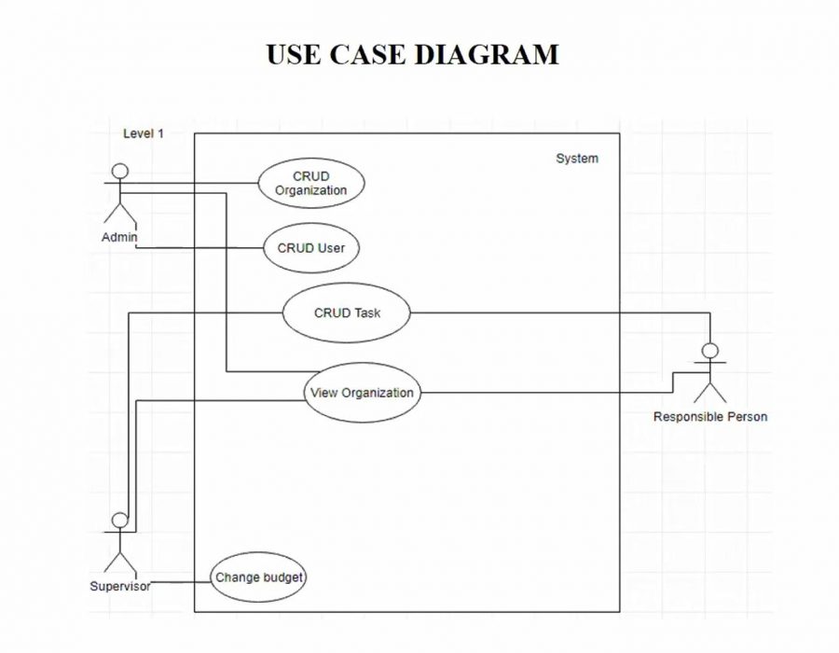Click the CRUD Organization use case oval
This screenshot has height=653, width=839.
click(x=310, y=183)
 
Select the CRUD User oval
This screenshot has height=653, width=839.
click(x=310, y=248)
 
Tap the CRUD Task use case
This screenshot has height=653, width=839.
click(x=346, y=313)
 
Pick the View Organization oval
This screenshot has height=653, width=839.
click(x=362, y=393)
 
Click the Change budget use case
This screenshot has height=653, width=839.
click(x=258, y=578)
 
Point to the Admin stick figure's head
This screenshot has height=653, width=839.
click(x=119, y=171)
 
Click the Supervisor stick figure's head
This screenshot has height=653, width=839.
click(x=119, y=521)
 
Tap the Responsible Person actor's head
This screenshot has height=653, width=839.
click(x=710, y=352)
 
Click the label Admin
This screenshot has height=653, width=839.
click(x=119, y=238)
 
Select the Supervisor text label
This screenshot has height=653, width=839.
click(x=119, y=587)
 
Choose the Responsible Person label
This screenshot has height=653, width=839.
click(x=710, y=417)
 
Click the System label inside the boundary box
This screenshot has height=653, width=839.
click(x=577, y=159)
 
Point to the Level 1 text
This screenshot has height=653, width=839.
click(x=144, y=133)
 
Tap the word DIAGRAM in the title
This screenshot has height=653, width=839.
click(x=486, y=54)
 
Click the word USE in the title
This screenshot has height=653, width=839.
click(x=292, y=54)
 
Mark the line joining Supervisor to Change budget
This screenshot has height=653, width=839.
click(x=181, y=581)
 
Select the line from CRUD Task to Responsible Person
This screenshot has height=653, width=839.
click(x=559, y=313)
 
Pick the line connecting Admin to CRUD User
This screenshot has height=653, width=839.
click(x=200, y=248)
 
